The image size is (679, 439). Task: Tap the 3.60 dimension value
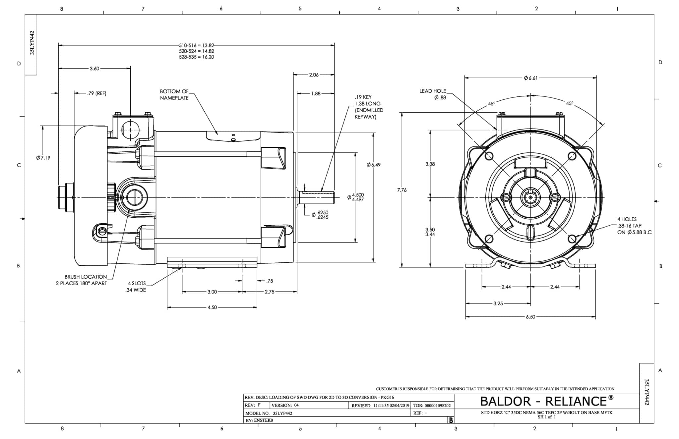[x=94, y=69]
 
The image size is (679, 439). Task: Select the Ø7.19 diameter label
[x=43, y=158]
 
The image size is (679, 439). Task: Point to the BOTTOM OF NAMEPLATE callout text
[x=174, y=94]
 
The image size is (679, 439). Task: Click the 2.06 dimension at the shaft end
[x=314, y=75]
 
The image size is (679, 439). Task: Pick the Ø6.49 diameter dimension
[x=374, y=165]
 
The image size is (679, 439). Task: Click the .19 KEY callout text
[x=363, y=97]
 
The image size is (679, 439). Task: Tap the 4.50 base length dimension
[x=212, y=307]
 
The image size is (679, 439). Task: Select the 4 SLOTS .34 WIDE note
[x=136, y=287]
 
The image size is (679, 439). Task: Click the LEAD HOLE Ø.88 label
[x=433, y=94]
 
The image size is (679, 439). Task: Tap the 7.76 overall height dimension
[x=402, y=190]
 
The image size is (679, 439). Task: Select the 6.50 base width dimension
[x=530, y=317]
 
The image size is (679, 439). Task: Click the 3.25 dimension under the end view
[x=498, y=303]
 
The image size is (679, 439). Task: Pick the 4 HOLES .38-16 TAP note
[x=633, y=226]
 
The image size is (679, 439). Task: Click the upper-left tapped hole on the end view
[x=489, y=156]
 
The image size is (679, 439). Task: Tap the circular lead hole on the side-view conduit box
[x=130, y=130]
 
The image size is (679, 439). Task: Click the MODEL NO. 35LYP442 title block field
[x=269, y=413]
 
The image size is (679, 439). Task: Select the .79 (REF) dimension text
[x=97, y=93]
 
